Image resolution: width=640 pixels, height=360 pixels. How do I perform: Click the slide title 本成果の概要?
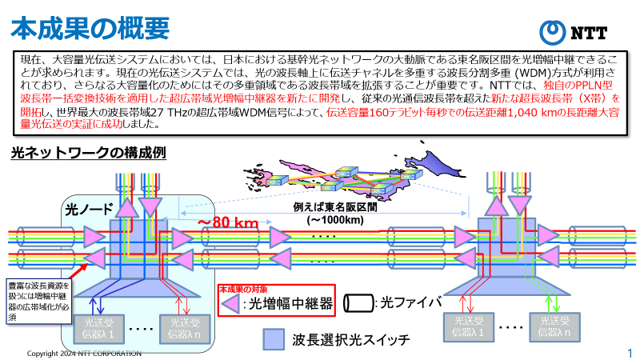point(89,26)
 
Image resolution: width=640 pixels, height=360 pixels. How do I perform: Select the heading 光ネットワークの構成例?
point(88,152)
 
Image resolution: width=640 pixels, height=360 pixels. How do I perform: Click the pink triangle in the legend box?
point(232,303)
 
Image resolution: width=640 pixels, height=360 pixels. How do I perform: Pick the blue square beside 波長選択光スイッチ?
point(274,339)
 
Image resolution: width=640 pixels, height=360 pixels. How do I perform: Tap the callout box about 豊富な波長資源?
point(38,300)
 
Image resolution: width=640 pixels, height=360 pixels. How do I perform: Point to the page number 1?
point(630,353)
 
